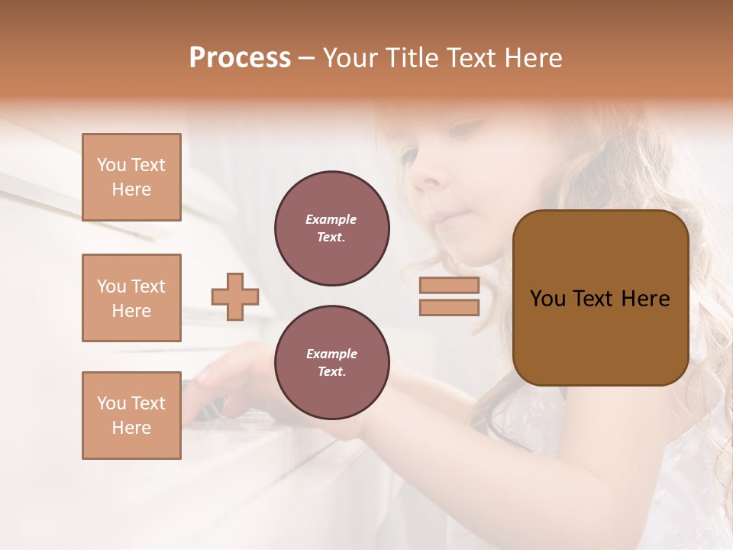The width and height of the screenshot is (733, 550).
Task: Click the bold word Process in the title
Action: point(240,58)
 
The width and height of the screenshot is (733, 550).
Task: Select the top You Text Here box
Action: point(131,177)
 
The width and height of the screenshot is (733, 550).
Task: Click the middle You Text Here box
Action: point(131,298)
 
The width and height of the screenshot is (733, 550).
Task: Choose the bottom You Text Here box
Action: point(131,416)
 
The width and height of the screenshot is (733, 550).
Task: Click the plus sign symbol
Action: point(235,296)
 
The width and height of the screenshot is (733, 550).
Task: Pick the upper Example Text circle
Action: point(331,228)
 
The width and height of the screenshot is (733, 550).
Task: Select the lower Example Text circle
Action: point(331,363)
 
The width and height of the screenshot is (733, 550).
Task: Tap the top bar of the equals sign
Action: point(449,286)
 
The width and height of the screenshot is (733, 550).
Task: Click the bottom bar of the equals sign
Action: point(449,308)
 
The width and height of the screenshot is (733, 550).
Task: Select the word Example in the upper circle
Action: point(331,219)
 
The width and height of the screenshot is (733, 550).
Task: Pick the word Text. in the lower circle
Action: point(331,372)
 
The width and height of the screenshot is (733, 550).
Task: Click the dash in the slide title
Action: point(307,58)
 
